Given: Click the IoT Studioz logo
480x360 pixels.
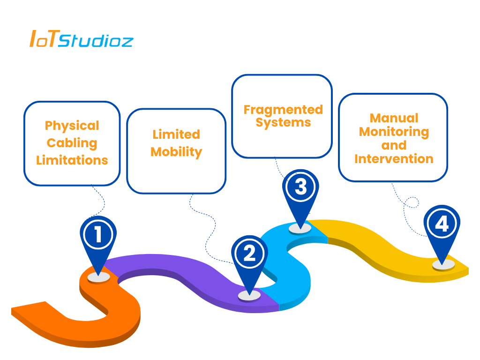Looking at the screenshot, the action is point(81,38).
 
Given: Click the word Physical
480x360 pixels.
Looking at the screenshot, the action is point(72,126).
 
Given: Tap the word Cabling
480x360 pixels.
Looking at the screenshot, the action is point(72,143).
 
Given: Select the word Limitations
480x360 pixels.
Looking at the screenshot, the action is point(72,160).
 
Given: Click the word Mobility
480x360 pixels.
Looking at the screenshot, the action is point(176,152).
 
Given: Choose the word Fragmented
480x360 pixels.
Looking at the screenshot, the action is point(283,110).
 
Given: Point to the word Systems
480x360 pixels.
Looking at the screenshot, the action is point(283,122).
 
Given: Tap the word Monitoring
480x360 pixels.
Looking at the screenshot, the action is point(394,132).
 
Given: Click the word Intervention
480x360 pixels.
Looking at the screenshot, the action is point(394,159).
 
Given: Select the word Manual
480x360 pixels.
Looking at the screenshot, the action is point(394,118).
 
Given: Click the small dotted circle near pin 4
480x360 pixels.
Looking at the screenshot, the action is point(412,202).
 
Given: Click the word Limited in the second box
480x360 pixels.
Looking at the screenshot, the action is point(176,135).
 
